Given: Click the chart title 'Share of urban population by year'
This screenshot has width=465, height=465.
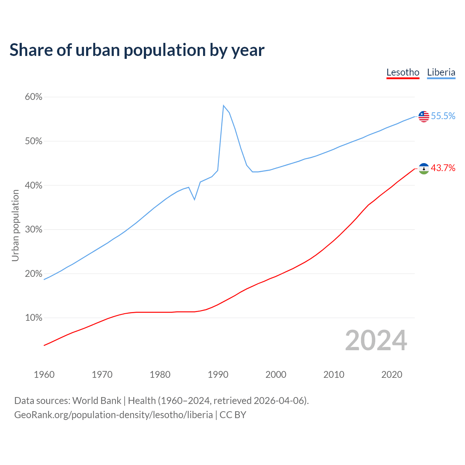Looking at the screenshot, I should [x=137, y=50].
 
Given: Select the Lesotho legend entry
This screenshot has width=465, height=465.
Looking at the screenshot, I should [x=403, y=72].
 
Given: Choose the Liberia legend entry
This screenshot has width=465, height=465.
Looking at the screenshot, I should [x=441, y=72].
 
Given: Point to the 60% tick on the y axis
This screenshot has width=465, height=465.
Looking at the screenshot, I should [x=34, y=97].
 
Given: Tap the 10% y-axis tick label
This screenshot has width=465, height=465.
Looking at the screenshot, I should [x=34, y=318].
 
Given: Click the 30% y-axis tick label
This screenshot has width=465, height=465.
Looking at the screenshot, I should [x=34, y=230].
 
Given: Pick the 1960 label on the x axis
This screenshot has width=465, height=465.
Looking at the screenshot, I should [x=44, y=375].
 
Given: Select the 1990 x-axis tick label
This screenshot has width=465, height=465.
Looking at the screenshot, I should [x=218, y=375].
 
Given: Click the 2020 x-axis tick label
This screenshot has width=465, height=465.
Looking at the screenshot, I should [x=392, y=375].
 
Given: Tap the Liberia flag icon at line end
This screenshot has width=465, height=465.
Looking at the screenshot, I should [x=424, y=116].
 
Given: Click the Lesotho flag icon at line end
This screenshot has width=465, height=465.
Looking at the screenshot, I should [x=424, y=168].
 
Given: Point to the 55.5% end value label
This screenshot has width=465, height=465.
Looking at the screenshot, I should [x=443, y=116].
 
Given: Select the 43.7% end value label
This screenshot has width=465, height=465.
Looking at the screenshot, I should [x=443, y=168].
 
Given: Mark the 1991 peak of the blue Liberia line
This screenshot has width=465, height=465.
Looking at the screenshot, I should [x=223, y=106].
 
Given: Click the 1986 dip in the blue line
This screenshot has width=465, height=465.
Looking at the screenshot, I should [x=195, y=199].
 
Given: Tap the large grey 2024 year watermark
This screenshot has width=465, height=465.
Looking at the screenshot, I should [x=376, y=340].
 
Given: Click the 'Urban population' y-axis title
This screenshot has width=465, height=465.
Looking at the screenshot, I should [x=15, y=226].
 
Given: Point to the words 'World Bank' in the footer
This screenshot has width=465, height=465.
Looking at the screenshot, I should [x=97, y=401].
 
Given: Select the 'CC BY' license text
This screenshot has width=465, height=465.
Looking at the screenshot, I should [x=233, y=415].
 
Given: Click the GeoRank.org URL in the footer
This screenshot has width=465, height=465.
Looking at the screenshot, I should [x=113, y=415].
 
